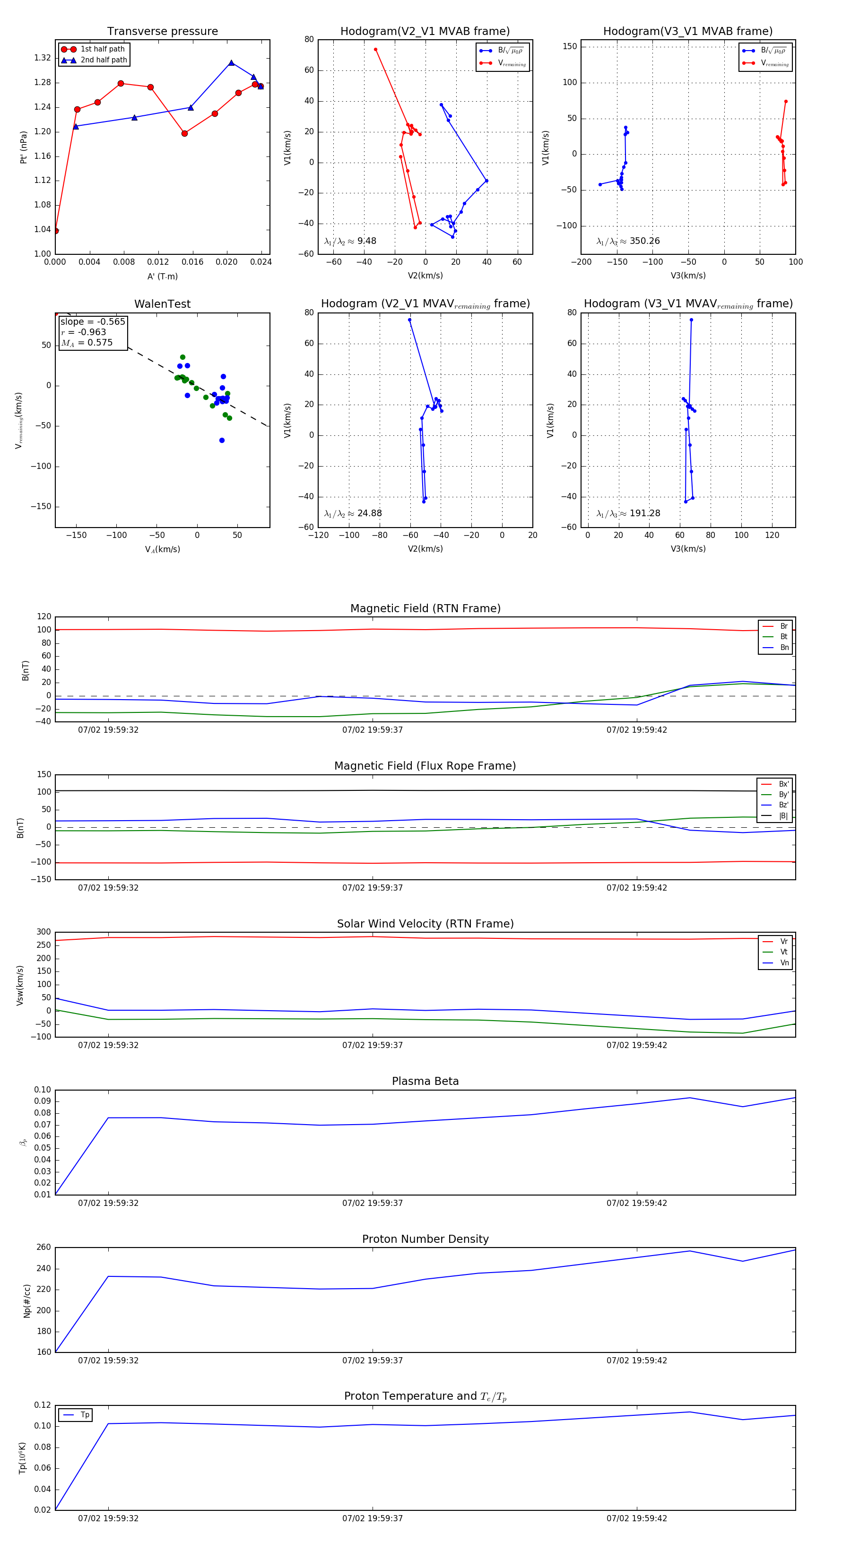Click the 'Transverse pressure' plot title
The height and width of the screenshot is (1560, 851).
[x=162, y=32]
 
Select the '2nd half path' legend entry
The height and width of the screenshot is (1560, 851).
[x=104, y=60]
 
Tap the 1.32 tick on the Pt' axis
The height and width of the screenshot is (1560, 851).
[x=43, y=58]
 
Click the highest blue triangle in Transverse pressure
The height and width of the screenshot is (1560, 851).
[x=231, y=63]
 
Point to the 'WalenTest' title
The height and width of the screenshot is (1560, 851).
[x=162, y=304]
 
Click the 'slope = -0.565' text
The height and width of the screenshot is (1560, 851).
[x=93, y=321]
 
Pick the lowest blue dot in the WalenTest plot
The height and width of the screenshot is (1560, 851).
[x=222, y=440]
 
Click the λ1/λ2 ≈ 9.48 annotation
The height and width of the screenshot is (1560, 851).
[x=350, y=241]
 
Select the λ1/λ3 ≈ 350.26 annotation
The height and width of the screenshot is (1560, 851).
[x=628, y=241]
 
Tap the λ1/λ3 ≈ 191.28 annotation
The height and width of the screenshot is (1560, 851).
[x=628, y=513]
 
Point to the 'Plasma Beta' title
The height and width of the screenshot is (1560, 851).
[x=425, y=1081]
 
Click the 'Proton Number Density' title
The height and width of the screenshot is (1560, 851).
[x=425, y=1239]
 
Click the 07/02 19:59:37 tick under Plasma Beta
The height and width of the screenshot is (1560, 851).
[x=373, y=1203]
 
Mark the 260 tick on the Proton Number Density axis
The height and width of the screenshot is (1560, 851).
[x=43, y=1248]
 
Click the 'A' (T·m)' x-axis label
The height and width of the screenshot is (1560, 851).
[x=162, y=277]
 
